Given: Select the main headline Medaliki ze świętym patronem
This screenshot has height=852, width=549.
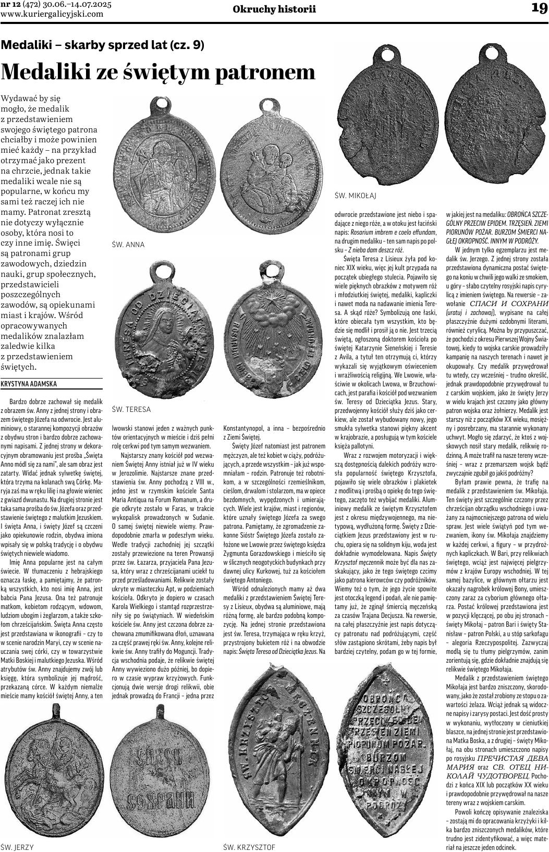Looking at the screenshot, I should coord(158,72).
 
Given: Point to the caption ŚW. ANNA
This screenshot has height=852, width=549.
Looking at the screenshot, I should coord(128,244).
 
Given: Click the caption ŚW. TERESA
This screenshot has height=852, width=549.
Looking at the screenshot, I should coord(131,409).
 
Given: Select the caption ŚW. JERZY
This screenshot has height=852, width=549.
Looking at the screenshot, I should coord(17,847).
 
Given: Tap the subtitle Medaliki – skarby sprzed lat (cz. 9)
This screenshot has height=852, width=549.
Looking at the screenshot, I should coord(103,45).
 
